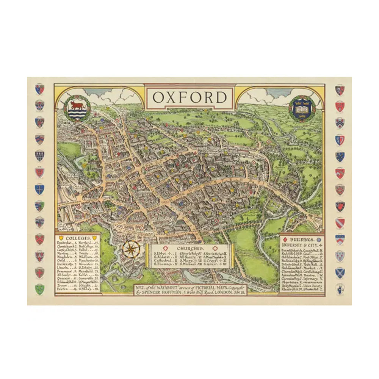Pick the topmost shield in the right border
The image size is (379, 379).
[340, 90]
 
